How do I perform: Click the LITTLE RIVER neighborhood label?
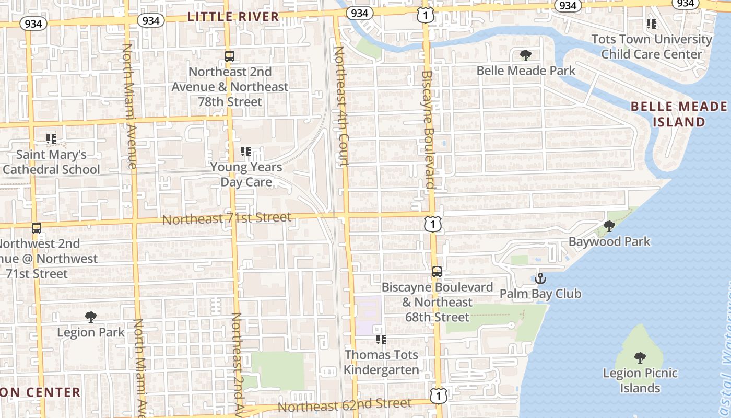pos(233,17)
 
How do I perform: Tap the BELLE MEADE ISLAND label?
pos(679,114)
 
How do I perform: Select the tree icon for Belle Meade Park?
pos(526,55)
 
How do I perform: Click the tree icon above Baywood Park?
pos(609,226)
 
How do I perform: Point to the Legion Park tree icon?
pos(91,317)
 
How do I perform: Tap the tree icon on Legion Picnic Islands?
pos(640,358)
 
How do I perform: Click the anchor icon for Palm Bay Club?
pos(540,278)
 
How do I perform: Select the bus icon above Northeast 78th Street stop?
pos(230,56)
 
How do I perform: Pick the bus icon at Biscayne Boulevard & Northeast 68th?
pos(437,272)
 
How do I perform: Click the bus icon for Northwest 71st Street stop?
pos(37,228)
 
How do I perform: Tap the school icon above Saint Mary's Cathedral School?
pos(51,139)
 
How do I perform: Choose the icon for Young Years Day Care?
pos(246,152)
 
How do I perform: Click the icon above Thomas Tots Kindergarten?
pos(381,340)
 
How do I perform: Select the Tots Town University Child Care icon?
pos(652,24)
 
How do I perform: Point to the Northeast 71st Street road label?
pos(227,218)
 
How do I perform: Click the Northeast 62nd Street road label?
pos(345,405)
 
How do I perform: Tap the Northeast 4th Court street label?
pos(340,107)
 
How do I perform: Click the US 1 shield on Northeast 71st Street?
pos(433,225)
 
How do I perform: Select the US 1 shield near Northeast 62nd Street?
pos(439,396)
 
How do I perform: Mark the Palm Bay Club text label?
pos(540,294)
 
